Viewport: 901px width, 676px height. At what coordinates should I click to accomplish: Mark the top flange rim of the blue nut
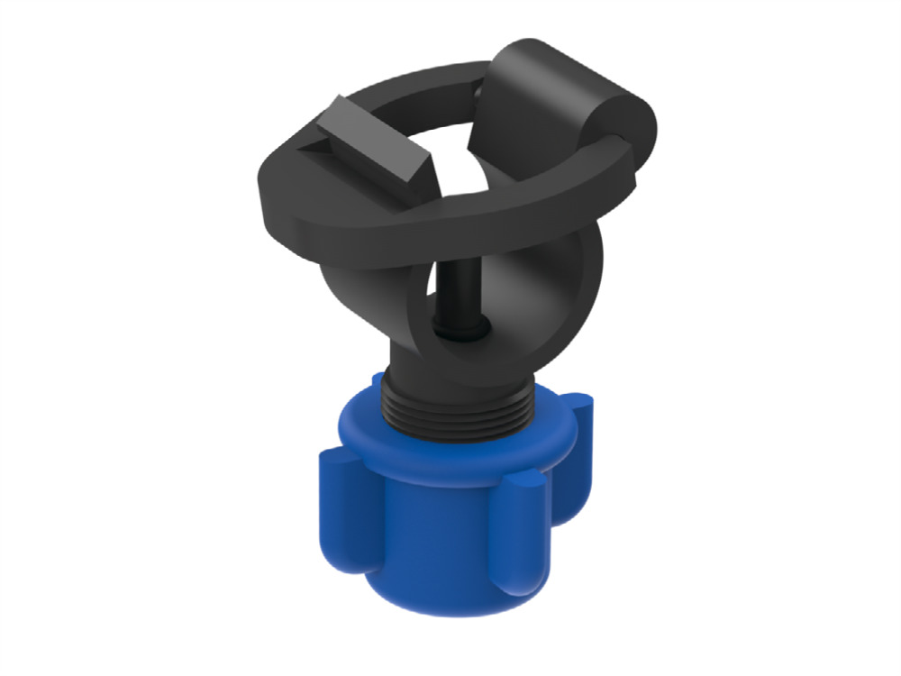point(450,442)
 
